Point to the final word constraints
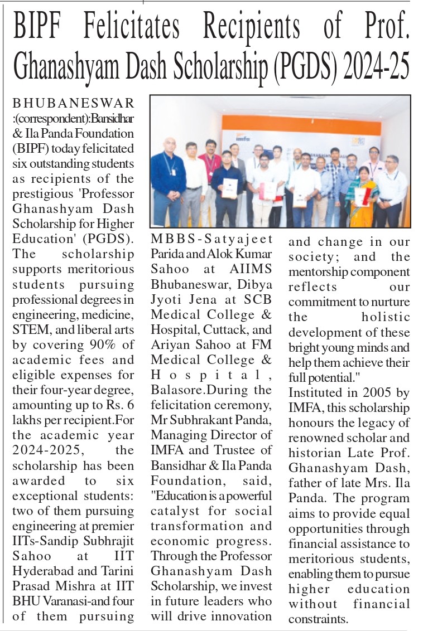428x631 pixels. (318, 619)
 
